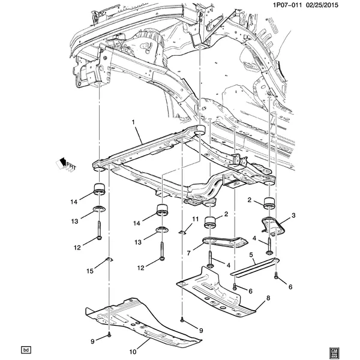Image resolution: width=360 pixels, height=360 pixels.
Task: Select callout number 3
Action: coord(293,215)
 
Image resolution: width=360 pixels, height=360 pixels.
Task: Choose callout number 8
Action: coord(268,298)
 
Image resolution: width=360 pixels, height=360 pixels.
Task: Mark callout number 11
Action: coord(194,218)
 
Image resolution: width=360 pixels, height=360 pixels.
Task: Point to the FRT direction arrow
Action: coord(64,163)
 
